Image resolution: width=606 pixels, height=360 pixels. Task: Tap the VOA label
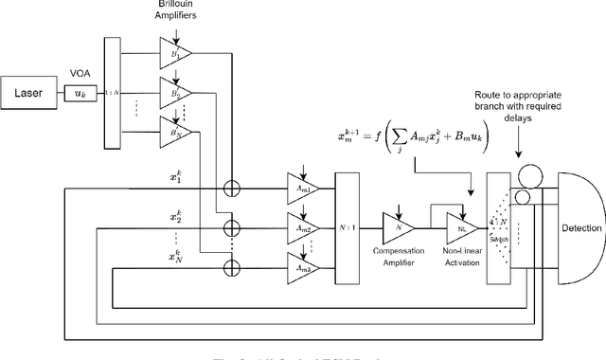[x=80, y=70]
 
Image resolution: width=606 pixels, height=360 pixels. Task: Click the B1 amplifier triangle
[x=175, y=55]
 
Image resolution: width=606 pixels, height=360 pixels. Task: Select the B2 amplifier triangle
[x=175, y=95]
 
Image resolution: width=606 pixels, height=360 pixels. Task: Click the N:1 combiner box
[x=348, y=227]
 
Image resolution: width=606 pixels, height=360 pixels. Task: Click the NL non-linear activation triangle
[x=461, y=227]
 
